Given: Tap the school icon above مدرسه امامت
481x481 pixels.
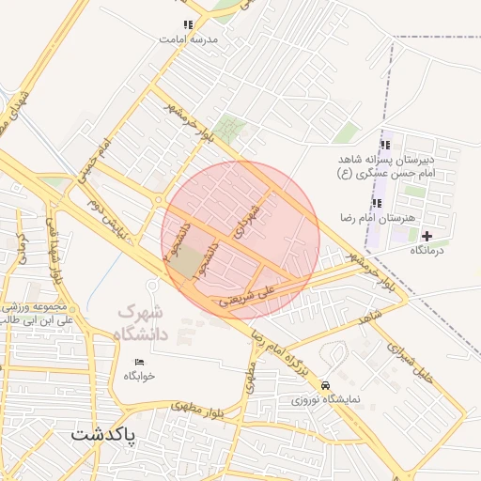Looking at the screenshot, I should (188, 25).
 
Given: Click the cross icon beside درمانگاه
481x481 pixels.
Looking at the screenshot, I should (427, 236).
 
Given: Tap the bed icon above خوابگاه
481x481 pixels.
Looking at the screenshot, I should (139, 362).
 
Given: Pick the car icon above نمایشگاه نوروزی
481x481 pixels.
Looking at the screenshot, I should (325, 385).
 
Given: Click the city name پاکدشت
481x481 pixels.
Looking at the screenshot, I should (103, 438).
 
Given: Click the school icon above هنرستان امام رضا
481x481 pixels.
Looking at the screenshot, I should (377, 203).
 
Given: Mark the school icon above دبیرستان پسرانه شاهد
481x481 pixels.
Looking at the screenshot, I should (384, 145).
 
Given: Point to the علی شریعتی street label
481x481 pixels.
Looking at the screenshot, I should (249, 297).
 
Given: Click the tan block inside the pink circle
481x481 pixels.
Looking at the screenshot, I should (188, 261).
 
